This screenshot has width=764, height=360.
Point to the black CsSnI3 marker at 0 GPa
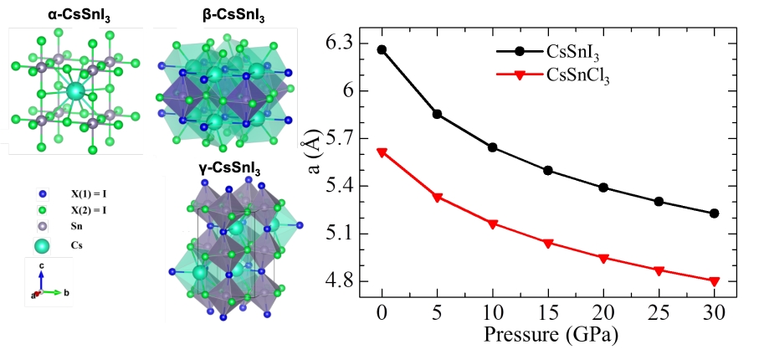pos(382,49)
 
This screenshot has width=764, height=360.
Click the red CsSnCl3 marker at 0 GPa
pos(382,152)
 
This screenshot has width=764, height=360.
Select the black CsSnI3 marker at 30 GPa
pos(714,213)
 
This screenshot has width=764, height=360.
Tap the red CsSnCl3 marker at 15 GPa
pos(548,244)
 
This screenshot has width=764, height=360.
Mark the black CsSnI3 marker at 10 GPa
pos(493,147)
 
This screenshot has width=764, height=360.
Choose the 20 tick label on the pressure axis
pos(603,312)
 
